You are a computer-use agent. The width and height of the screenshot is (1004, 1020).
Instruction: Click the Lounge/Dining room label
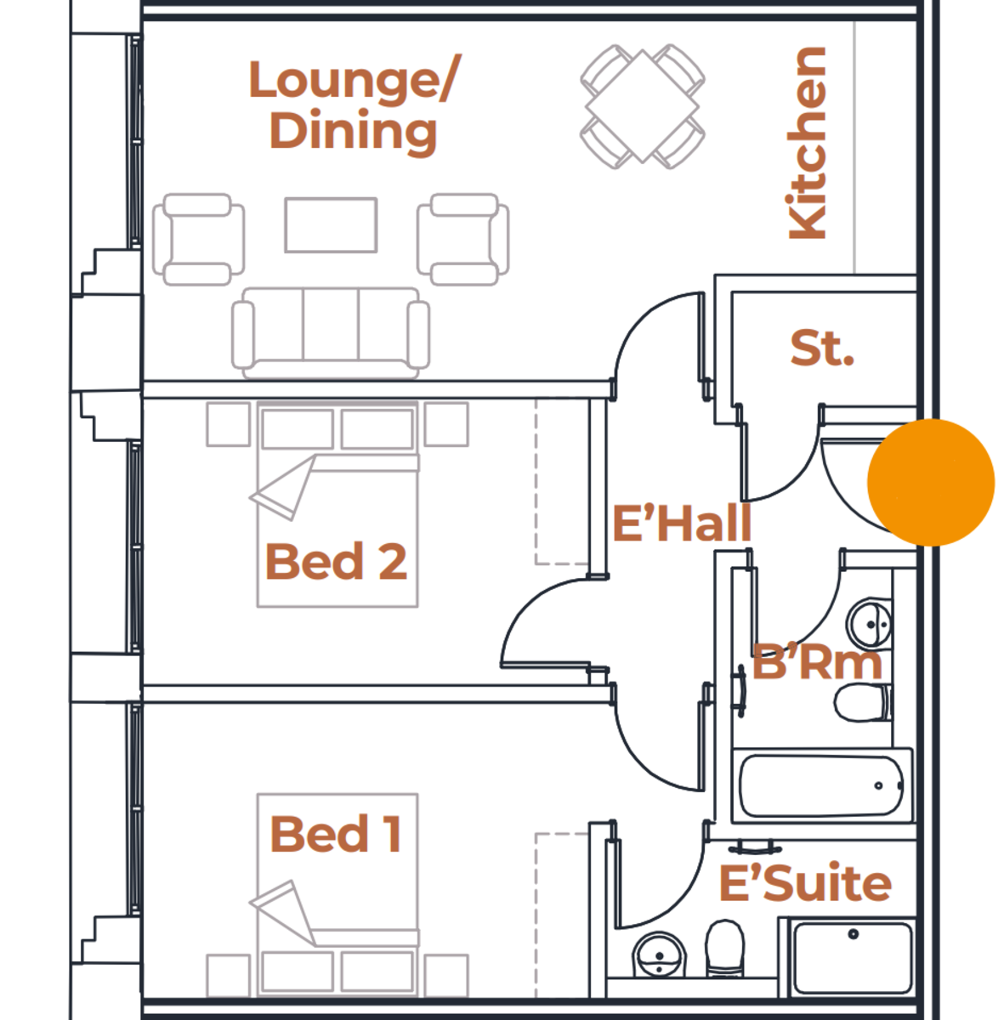tap(353, 105)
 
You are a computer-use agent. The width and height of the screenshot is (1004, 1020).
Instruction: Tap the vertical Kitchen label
tap(807, 143)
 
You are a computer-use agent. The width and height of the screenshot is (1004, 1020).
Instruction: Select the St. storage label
tap(821, 348)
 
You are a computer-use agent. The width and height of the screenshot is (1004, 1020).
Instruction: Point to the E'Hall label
tap(682, 523)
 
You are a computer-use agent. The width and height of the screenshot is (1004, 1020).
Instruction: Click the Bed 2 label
tap(336, 561)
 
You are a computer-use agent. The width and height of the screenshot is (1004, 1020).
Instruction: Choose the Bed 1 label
tap(336, 834)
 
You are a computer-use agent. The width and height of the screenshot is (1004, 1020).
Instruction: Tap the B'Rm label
tap(817, 662)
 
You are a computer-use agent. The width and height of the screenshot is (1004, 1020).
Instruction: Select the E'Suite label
tap(805, 883)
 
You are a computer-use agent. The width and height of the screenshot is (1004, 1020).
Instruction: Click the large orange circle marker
tap(931, 482)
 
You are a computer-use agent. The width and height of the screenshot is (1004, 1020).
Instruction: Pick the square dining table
tap(643, 107)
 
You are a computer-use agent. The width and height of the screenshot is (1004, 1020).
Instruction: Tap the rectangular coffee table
tap(331, 225)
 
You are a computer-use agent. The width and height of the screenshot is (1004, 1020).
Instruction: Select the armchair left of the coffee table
tap(199, 239)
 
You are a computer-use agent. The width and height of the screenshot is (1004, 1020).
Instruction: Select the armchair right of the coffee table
tap(463, 239)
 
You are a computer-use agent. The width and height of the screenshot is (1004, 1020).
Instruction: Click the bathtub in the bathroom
tap(821, 785)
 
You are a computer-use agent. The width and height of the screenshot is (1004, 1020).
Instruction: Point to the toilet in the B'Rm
tap(860, 703)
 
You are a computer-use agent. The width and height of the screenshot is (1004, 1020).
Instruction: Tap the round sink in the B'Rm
tap(870, 624)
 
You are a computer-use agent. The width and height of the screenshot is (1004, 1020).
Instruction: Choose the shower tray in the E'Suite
tap(853, 958)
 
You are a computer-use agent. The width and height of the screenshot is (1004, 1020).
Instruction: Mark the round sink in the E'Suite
tap(659, 956)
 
